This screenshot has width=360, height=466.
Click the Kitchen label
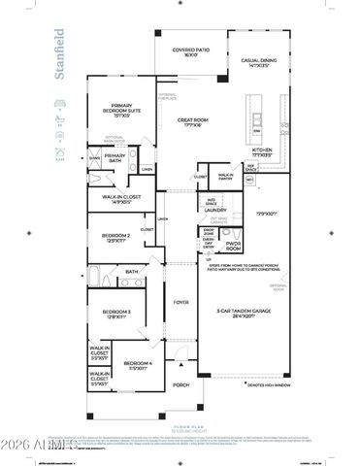(x=263, y=151)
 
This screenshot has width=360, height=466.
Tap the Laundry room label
(x=214, y=209)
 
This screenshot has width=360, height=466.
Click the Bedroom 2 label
(x=115, y=237)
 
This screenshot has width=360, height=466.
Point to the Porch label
(x=180, y=385)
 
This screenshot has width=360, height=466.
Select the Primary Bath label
(x=115, y=157)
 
